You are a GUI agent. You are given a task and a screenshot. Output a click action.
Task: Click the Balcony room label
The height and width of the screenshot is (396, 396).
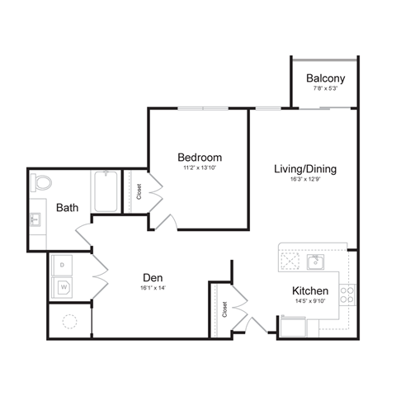tap(325, 79)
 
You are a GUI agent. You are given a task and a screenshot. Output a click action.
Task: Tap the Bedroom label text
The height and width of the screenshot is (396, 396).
tap(200, 157)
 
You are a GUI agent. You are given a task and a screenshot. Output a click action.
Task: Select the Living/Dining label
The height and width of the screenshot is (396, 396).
tap(305, 169)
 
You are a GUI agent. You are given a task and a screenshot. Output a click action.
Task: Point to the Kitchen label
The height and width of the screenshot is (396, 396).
tap(310, 291)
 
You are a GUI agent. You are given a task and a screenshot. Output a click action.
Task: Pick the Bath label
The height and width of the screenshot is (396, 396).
tap(68, 208)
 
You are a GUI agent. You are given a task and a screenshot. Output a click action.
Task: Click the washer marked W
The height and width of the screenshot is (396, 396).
tap(64, 287)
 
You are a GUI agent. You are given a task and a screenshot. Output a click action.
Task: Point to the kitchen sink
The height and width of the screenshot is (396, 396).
tap(314, 262)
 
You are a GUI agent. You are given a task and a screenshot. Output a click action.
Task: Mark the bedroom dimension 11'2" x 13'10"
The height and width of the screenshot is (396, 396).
tap(200, 167)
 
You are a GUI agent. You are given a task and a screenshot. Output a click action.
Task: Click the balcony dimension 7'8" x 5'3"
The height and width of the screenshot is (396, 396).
tap(325, 90)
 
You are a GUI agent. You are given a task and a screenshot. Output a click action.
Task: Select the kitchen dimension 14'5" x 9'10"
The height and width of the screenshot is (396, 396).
tap(310, 303)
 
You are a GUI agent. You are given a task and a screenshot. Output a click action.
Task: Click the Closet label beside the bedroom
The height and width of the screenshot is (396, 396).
tap(139, 191)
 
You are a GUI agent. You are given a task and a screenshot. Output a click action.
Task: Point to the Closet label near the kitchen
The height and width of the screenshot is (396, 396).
tap(224, 309)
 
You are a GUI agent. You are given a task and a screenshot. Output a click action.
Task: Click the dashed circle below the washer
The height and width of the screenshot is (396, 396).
tap(69, 322)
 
